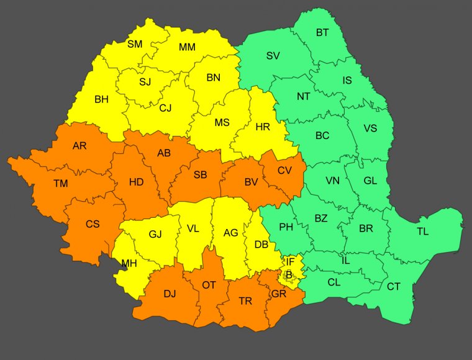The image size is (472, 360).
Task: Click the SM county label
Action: [x=135, y=44]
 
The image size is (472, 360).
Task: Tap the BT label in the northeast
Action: [x=322, y=32]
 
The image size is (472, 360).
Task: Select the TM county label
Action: [x=60, y=183]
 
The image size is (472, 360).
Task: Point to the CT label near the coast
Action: [x=393, y=286]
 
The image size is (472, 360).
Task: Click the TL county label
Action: [x=422, y=232]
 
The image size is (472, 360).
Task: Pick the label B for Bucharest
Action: [x=288, y=274]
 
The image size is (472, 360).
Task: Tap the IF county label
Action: [x=290, y=262]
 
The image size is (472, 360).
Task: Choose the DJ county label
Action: [x=170, y=293]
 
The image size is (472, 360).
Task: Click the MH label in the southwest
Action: [x=129, y=263]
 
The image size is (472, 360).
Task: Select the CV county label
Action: [x=284, y=170]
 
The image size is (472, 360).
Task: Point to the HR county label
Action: [x=263, y=127]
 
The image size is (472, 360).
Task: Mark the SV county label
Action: [x=273, y=55]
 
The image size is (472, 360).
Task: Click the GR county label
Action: [x=278, y=293]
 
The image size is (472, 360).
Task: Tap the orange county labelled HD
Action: [x=136, y=182]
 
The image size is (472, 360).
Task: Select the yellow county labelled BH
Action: [x=101, y=99]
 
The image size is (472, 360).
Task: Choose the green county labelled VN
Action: [x=333, y=181]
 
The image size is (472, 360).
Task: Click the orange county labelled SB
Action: [x=200, y=175]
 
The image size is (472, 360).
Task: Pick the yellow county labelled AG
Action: [x=230, y=233]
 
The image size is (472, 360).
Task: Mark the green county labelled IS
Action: [x=347, y=79]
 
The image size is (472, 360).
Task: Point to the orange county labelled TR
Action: [x=245, y=301]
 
